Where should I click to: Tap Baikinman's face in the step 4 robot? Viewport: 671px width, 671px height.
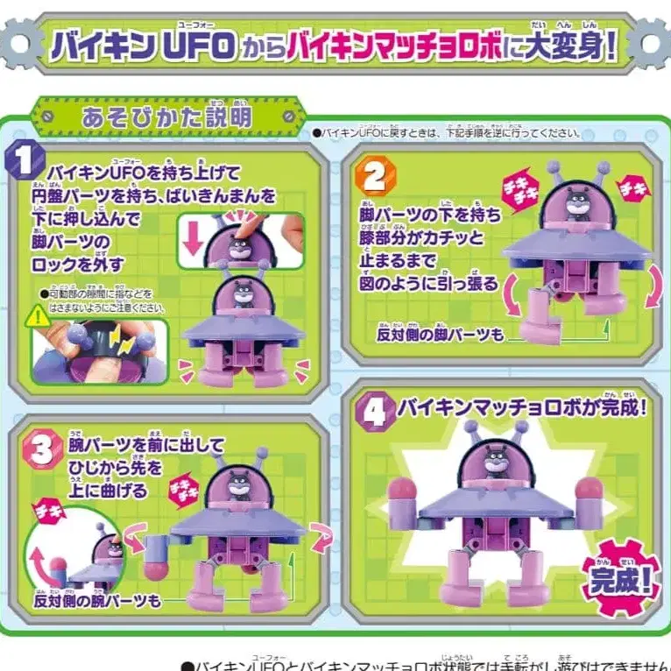[x=497, y=458]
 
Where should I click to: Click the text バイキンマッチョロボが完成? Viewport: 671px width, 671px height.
[x=522, y=407]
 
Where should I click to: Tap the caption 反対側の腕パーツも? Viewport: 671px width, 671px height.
[x=98, y=600]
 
